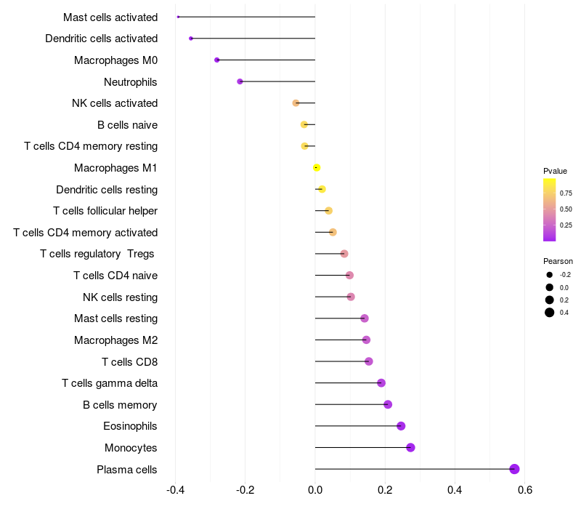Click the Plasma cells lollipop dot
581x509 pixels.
(x=514, y=469)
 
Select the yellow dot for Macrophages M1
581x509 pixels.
(x=317, y=168)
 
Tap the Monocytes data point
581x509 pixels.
(x=410, y=447)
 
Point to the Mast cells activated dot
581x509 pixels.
(x=178, y=17)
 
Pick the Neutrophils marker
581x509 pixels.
(x=240, y=81)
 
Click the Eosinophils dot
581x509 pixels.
(x=401, y=426)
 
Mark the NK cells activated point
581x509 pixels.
(x=296, y=103)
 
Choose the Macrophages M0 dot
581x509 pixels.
(x=216, y=60)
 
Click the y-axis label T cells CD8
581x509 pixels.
(x=129, y=361)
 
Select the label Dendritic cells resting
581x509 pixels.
(x=107, y=190)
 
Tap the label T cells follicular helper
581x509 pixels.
(x=105, y=211)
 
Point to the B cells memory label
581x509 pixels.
(x=120, y=404)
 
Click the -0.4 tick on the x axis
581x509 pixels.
(x=175, y=489)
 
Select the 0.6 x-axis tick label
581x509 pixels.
(x=525, y=489)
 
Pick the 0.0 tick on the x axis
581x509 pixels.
(x=315, y=489)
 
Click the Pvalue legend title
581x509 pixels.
(x=555, y=171)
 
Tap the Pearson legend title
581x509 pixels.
(x=558, y=261)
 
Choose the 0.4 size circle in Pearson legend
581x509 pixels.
(x=550, y=313)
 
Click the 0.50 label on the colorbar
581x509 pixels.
(x=566, y=209)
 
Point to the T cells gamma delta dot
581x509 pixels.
(x=381, y=383)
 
